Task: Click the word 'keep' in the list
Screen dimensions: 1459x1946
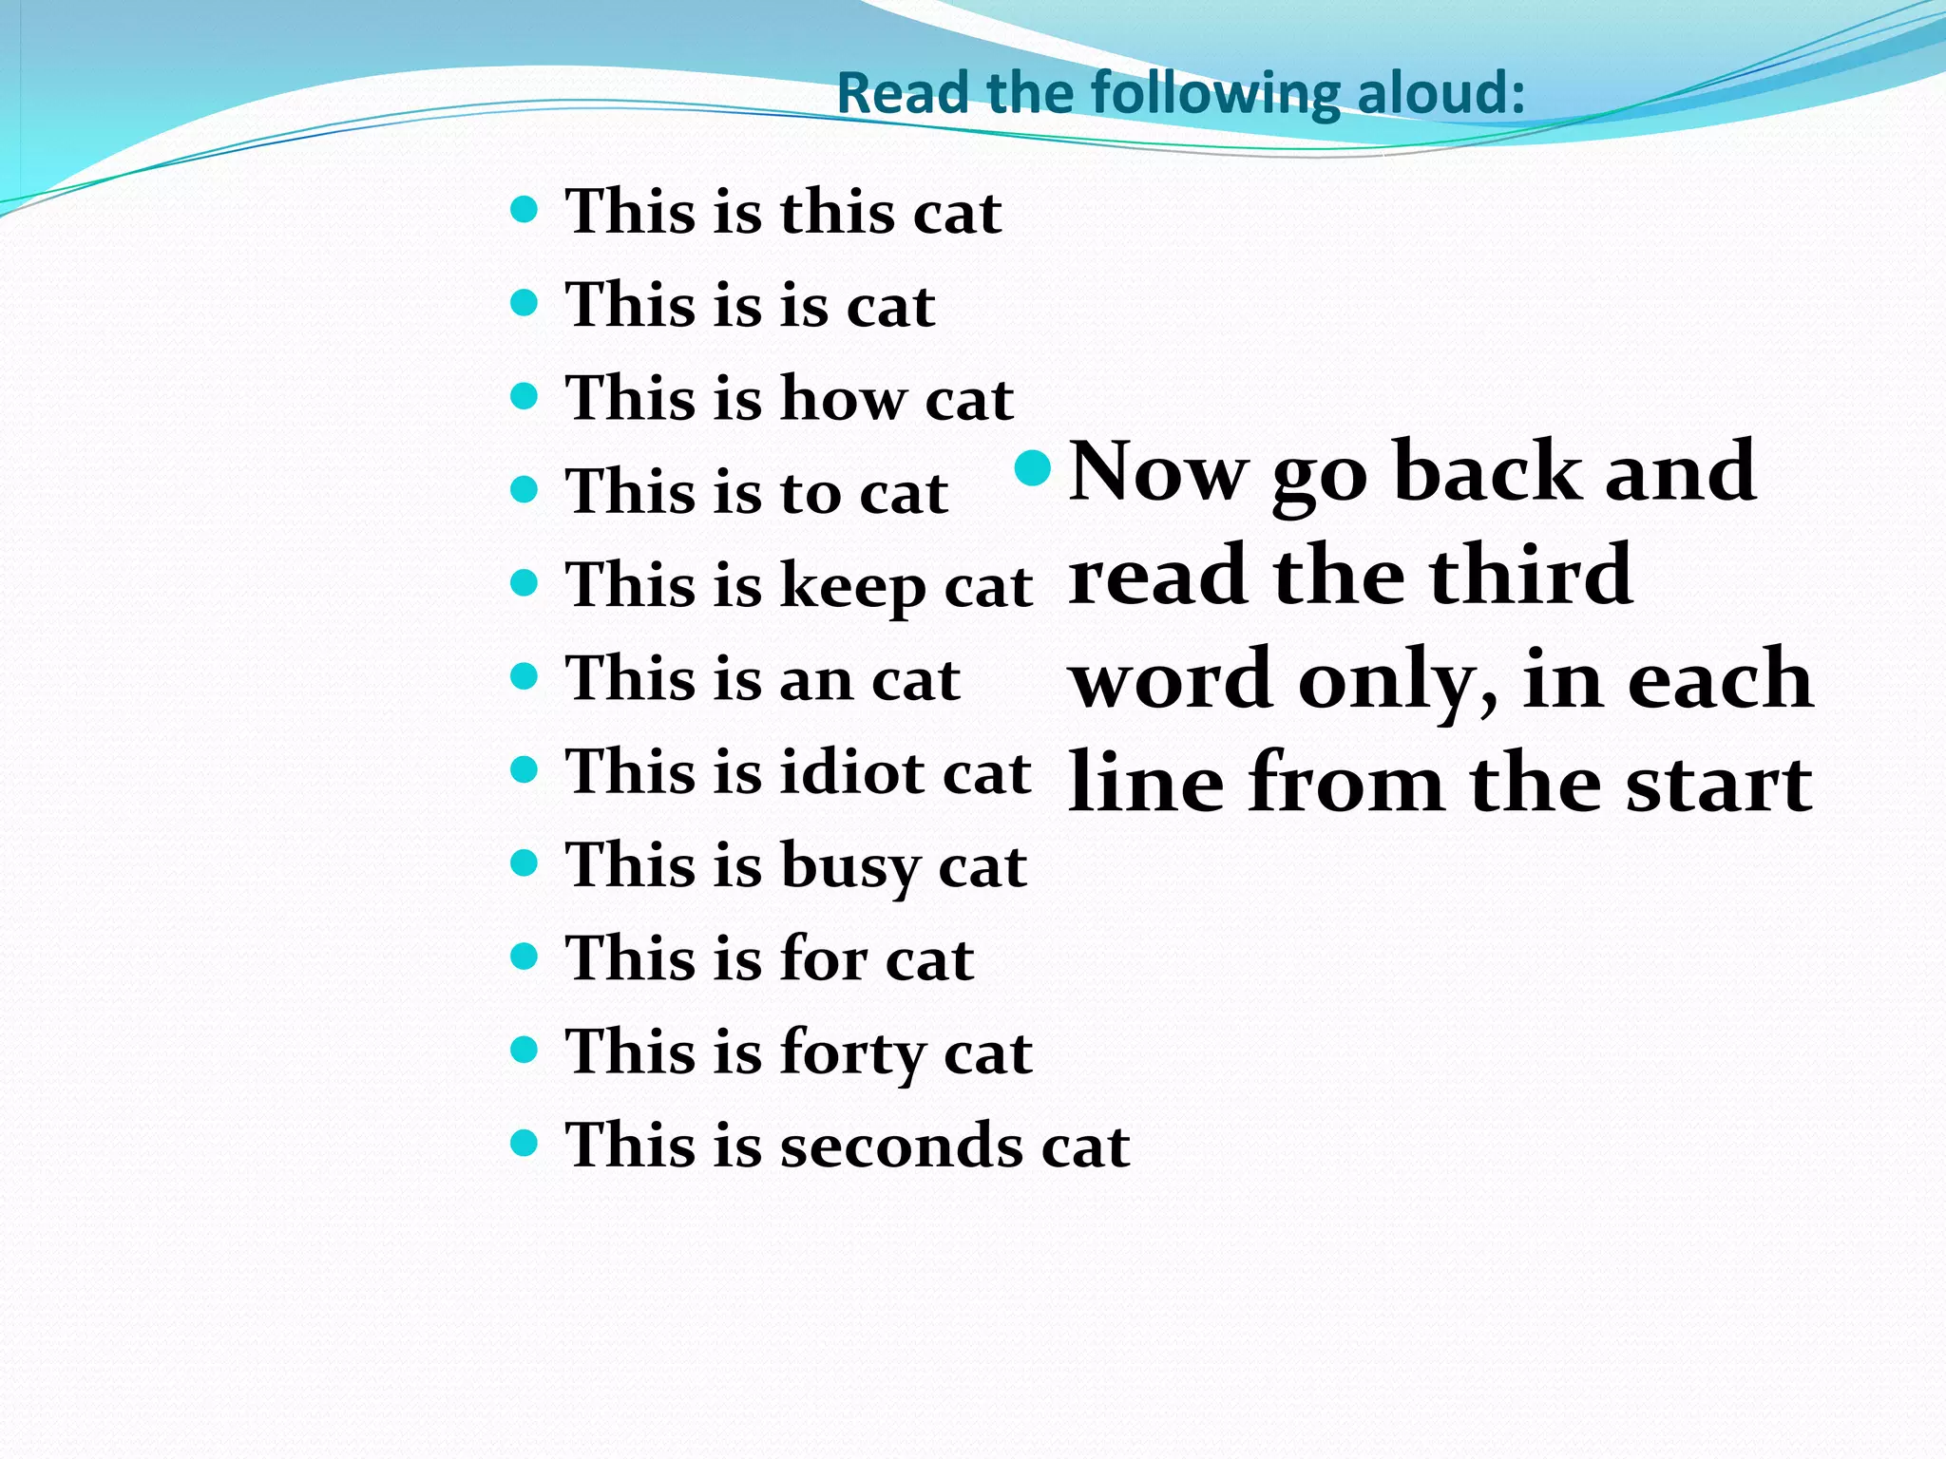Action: (x=852, y=587)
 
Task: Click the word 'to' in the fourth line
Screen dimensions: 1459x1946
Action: (x=811, y=493)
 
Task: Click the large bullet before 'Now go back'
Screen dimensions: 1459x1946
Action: (x=1033, y=466)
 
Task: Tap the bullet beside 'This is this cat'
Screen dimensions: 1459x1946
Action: (x=524, y=208)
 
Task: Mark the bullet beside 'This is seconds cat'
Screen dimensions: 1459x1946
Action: (x=524, y=1143)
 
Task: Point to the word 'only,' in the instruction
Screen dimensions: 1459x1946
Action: (x=1398, y=679)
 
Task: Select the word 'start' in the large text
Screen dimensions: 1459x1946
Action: (x=1718, y=784)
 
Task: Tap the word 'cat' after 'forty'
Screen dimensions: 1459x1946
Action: (x=987, y=1053)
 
